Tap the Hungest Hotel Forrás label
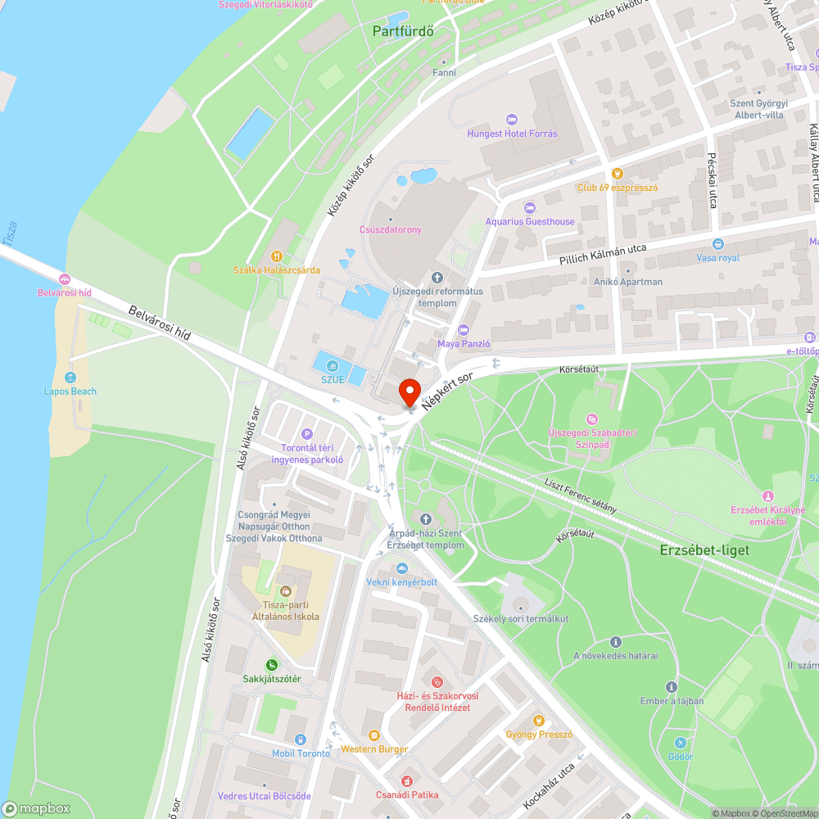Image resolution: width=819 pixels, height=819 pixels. click(x=512, y=133)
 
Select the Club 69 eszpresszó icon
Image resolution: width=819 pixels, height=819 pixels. click(x=618, y=174)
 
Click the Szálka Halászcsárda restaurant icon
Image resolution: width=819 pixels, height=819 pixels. click(x=277, y=256)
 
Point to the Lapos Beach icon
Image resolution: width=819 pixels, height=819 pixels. click(x=70, y=378)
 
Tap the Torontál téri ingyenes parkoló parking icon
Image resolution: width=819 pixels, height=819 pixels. click(x=307, y=434)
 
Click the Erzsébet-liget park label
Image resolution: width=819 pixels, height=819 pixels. click(x=704, y=550)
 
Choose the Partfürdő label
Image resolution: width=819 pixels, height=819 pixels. click(x=402, y=31)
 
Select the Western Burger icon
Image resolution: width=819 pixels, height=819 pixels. click(x=374, y=735)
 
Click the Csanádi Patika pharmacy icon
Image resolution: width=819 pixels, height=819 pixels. click(x=407, y=781)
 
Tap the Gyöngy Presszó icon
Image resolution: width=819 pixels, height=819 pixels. click(x=539, y=721)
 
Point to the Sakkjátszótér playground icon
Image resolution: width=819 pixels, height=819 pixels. click(x=272, y=665)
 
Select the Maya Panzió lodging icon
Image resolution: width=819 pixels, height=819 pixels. click(x=464, y=330)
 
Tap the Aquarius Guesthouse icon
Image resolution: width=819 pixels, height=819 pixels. click(x=529, y=208)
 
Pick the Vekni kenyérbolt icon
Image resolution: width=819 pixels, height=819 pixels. click(x=401, y=568)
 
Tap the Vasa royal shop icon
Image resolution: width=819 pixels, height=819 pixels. click(x=718, y=244)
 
